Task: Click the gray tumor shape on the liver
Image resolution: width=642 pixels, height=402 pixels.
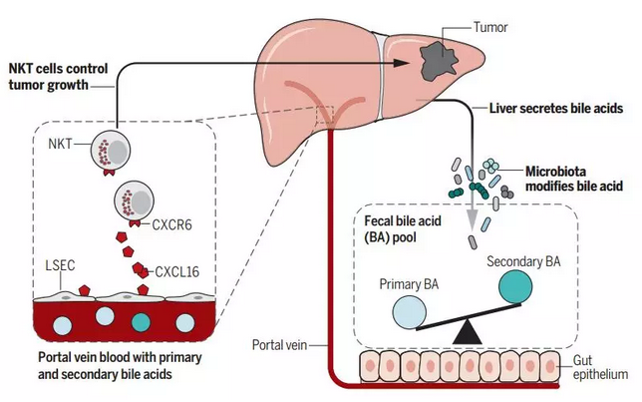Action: click(439, 61)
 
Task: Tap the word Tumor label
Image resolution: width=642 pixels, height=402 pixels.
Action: click(490, 28)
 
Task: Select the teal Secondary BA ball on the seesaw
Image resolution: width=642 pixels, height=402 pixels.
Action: click(515, 287)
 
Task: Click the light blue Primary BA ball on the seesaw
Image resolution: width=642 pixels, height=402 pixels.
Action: click(410, 312)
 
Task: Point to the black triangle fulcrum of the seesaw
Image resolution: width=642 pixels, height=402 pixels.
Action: click(468, 332)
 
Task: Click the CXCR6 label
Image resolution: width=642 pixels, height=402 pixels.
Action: click(171, 225)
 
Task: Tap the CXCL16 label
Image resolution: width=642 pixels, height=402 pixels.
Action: click(176, 271)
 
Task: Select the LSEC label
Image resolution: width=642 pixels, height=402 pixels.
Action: click(60, 265)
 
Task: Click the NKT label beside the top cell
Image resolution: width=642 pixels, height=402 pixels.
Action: click(60, 144)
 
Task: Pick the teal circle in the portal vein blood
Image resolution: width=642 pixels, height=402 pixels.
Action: click(142, 322)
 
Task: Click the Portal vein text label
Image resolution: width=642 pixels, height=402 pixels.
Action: click(280, 345)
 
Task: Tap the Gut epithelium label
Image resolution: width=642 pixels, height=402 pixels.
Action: click(600, 367)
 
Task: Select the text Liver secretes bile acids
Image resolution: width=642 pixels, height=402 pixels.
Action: click(556, 108)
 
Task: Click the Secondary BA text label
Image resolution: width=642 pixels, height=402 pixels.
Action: click(523, 261)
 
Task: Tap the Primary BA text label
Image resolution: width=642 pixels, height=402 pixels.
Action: click(409, 284)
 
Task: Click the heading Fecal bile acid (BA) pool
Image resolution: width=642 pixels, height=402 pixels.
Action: click(403, 229)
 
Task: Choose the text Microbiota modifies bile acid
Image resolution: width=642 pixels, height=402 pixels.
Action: click(574, 179)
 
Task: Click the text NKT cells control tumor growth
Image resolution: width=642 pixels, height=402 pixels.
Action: click(58, 77)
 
